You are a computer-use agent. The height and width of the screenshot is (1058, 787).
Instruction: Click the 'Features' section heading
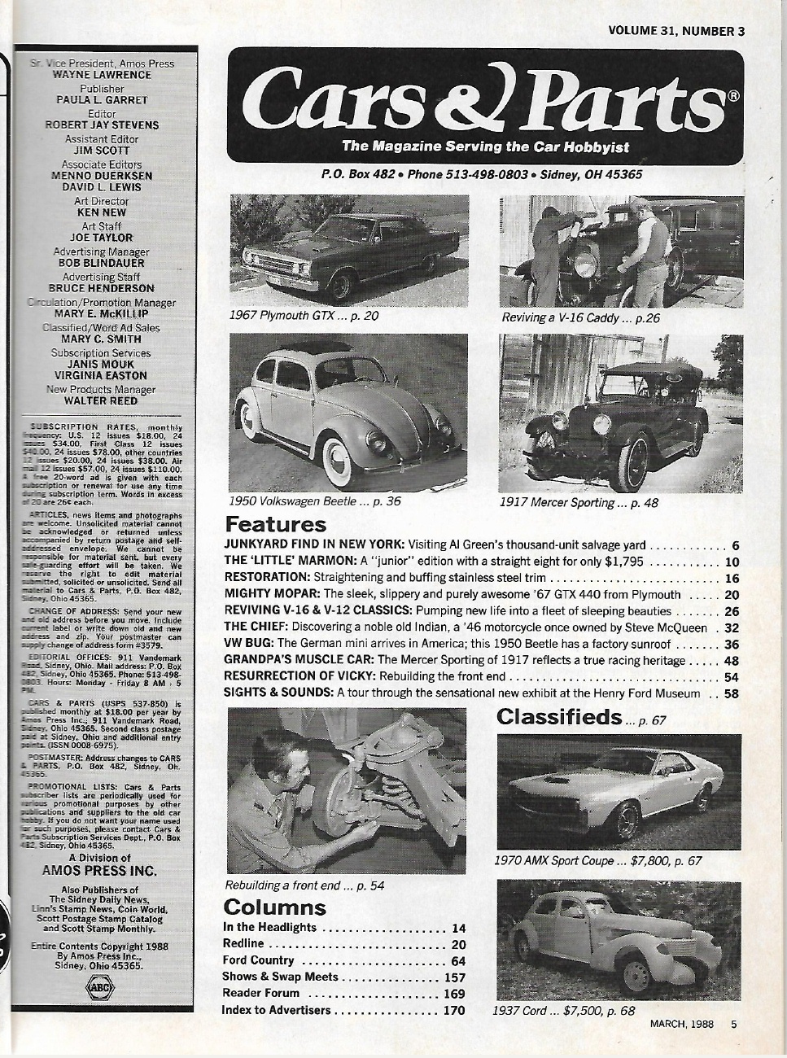click(275, 524)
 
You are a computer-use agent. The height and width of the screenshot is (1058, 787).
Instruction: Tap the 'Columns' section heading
click(274, 907)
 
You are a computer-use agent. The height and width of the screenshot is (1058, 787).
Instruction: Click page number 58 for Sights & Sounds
click(730, 693)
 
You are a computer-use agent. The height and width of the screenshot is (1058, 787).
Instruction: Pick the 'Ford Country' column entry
click(258, 961)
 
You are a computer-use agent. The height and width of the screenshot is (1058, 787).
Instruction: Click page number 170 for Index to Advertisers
click(454, 1010)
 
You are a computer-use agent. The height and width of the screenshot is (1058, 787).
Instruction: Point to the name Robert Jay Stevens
click(102, 125)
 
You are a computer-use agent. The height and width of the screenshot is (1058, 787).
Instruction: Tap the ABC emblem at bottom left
click(100, 987)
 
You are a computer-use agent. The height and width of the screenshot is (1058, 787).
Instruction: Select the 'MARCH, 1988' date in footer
click(682, 1024)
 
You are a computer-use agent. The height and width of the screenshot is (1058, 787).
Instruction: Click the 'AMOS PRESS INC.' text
click(99, 869)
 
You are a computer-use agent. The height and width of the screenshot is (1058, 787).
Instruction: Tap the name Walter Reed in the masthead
click(101, 400)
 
